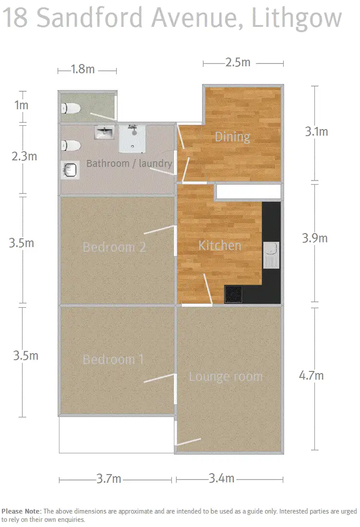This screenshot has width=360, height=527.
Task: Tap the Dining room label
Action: coord(232,137)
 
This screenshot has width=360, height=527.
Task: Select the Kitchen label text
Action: coord(220,245)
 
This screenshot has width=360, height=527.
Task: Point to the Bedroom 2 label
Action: coord(114,247)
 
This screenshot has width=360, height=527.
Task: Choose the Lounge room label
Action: coord(226,376)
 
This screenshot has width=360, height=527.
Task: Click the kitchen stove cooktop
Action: coord(233,294)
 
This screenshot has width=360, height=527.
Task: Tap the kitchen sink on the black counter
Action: coord(271,254)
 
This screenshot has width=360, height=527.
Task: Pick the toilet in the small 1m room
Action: coord(71,108)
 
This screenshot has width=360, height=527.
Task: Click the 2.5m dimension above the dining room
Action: coord(238,63)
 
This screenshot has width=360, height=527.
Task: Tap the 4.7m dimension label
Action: coord(311,375)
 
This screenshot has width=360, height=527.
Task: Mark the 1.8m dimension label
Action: coord(83,70)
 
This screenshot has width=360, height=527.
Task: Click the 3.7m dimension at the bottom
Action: coord(108,479)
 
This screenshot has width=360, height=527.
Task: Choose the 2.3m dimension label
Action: coord(24,156)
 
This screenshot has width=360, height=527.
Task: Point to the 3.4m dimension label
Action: coord(221,479)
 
